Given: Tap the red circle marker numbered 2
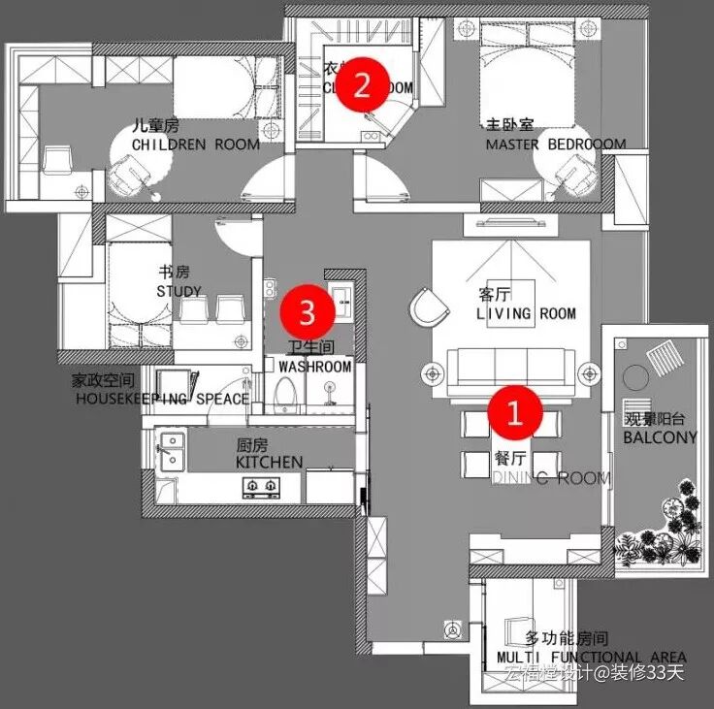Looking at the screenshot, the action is [x=361, y=85].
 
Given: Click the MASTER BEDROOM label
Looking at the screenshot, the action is [x=555, y=144].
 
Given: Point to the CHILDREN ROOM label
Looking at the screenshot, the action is [x=195, y=145].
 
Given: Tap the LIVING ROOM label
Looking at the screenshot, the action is [x=525, y=313].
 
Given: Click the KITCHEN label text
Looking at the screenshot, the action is [x=269, y=463].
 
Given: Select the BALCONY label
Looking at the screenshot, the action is [x=660, y=437].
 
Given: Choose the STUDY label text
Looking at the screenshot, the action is [x=178, y=291].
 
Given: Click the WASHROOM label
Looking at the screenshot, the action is [x=314, y=367].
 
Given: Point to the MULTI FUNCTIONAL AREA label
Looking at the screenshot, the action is [x=592, y=657].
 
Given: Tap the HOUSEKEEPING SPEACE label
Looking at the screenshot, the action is [x=162, y=399].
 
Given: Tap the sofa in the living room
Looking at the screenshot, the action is [x=508, y=368].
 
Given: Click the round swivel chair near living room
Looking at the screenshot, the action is [x=425, y=308].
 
